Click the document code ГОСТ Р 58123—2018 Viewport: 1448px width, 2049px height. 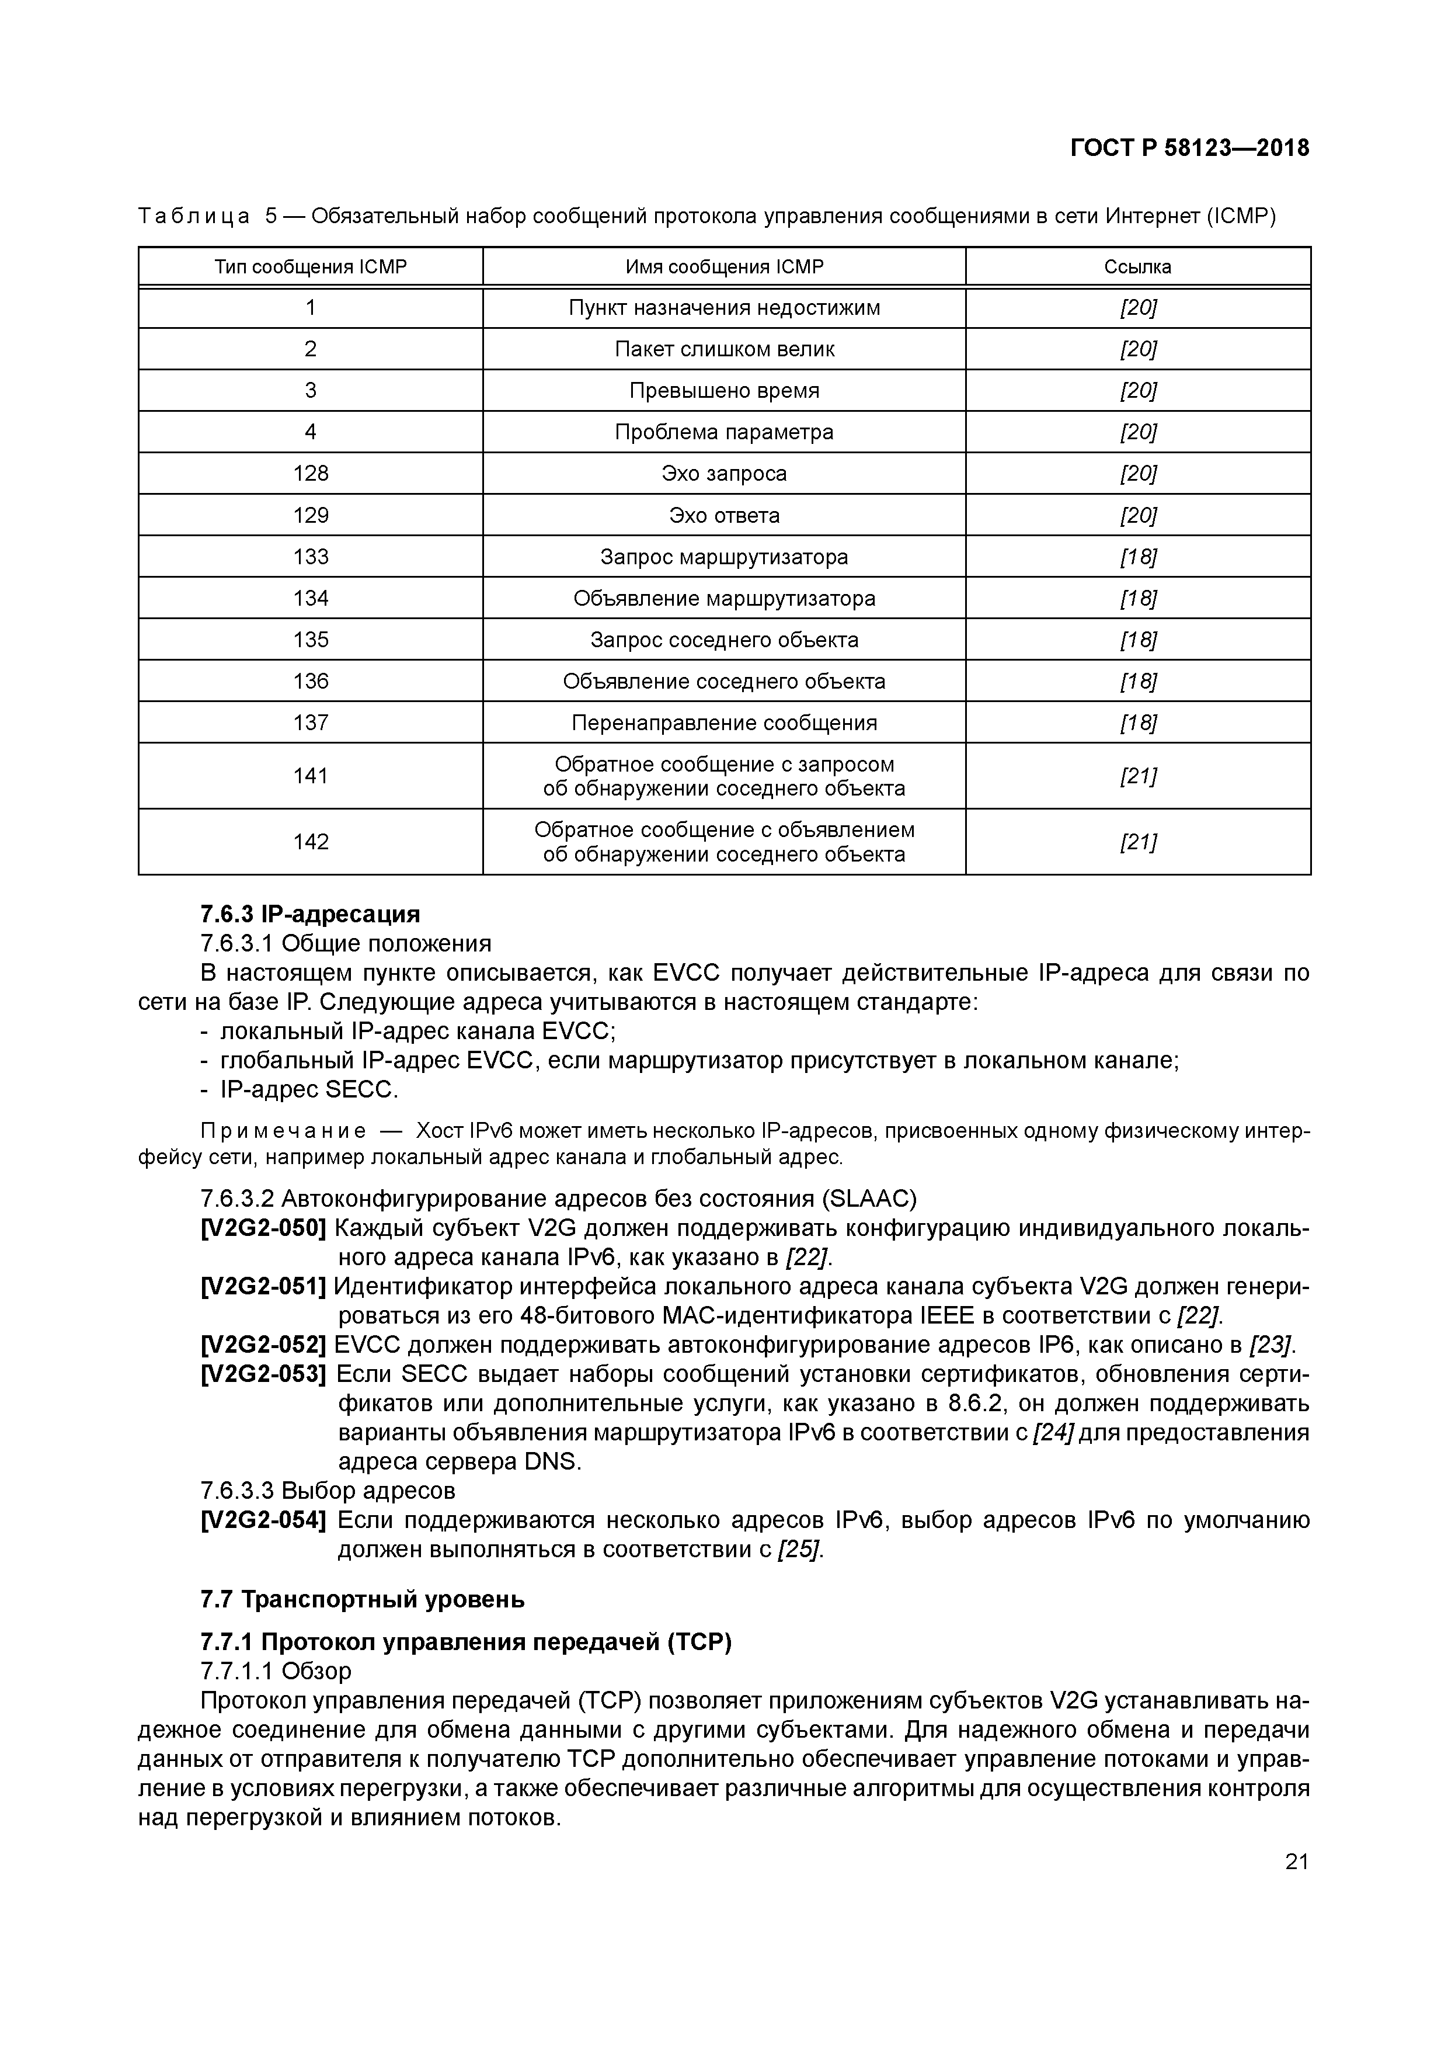tap(1189, 148)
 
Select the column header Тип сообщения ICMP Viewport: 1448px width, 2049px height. tap(311, 267)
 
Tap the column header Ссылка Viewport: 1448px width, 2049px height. tap(1137, 267)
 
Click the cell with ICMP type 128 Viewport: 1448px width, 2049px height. tap(311, 473)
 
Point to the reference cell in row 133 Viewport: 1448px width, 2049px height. tap(1137, 557)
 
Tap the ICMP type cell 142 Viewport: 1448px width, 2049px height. tap(311, 842)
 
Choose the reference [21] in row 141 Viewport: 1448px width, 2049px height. tap(1137, 776)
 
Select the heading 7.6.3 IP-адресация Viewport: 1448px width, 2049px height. tap(309, 914)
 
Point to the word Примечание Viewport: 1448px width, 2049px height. tap(283, 1131)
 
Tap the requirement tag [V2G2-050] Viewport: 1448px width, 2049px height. tap(263, 1229)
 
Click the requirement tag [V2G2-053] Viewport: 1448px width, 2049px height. tap(263, 1374)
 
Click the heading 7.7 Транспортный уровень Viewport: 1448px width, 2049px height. tap(362, 1599)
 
